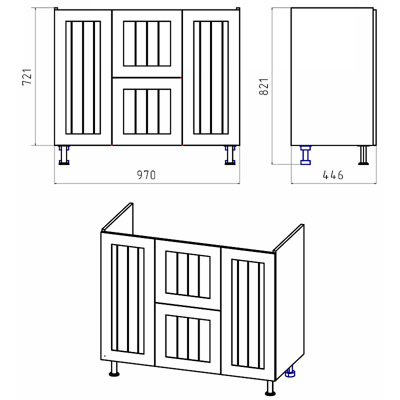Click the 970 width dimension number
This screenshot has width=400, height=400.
[x=146, y=175]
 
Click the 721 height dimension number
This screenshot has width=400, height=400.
[x=27, y=77]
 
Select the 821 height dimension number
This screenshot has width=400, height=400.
[x=264, y=87]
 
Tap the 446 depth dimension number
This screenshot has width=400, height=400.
[x=333, y=175]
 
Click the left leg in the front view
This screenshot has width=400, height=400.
[x=64, y=155]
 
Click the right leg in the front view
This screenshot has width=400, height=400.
[x=230, y=155]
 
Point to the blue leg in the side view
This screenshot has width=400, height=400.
[x=305, y=155]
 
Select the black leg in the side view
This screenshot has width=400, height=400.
[x=363, y=155]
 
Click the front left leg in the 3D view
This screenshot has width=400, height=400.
[x=114, y=369]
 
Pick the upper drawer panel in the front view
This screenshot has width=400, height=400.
[x=147, y=43]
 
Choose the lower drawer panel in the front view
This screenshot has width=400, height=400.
[x=147, y=111]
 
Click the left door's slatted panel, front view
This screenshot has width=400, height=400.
[x=83, y=77]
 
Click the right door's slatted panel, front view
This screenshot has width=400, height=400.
[x=211, y=77]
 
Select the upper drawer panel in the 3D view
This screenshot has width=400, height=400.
[x=188, y=274]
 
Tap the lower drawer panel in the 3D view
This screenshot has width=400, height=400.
[x=188, y=338]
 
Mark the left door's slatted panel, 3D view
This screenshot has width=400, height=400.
[x=128, y=299]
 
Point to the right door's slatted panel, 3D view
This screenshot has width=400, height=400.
[x=248, y=314]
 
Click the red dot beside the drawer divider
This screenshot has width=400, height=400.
[x=181, y=77]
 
